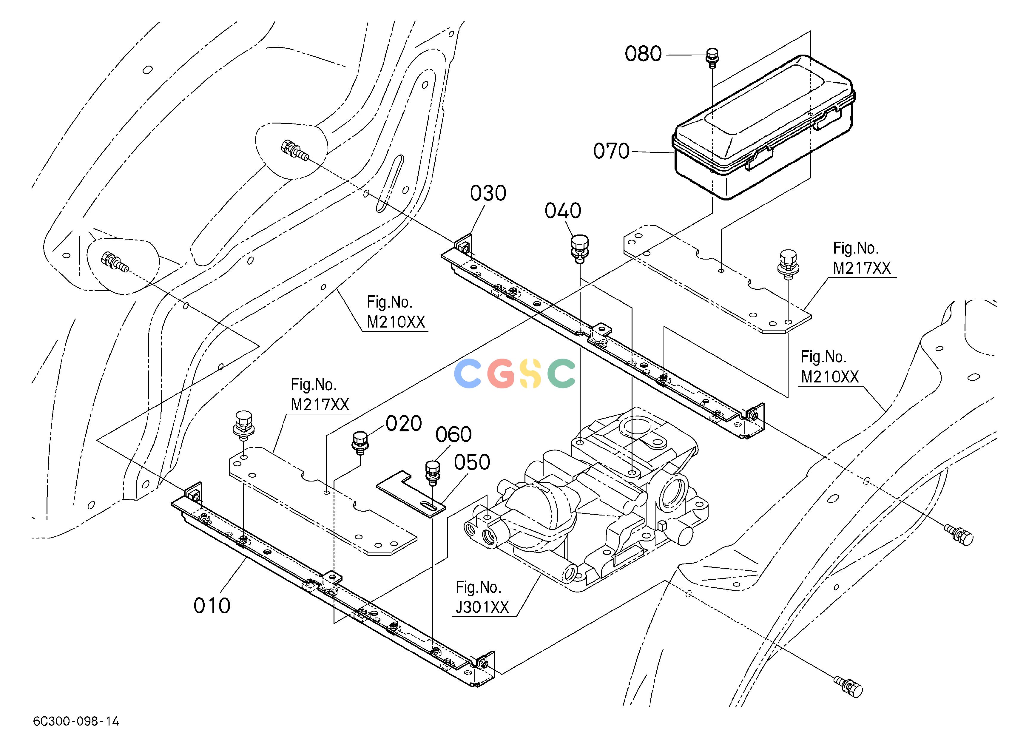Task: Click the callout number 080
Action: coord(643,54)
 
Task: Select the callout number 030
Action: coord(488,193)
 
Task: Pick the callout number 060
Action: coord(454,434)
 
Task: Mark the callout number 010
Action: coord(212,606)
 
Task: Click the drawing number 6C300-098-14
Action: coord(76,721)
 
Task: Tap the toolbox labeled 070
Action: coord(763,127)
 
